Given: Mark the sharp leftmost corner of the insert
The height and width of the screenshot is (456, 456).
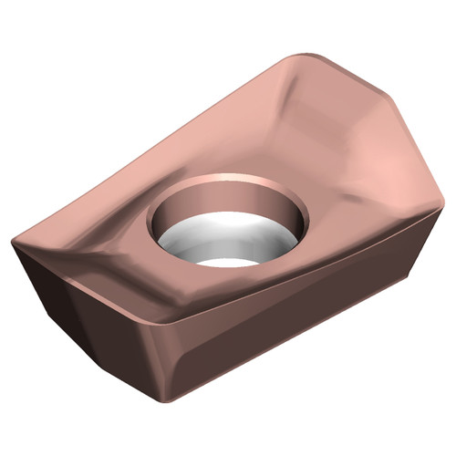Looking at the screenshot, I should click(12, 241).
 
